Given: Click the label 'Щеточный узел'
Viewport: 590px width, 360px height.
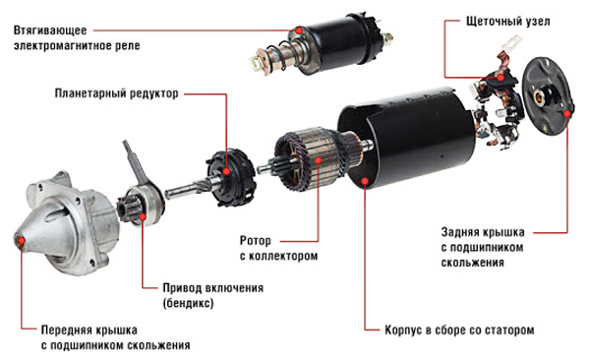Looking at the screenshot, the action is point(507,21).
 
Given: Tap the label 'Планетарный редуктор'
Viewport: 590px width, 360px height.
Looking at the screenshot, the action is point(117,93).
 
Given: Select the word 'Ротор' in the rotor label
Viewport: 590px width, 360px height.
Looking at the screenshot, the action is point(256,241).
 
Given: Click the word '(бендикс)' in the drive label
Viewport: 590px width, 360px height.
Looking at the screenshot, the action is point(188,303).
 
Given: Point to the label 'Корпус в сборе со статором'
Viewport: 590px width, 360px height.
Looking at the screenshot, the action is point(459,330).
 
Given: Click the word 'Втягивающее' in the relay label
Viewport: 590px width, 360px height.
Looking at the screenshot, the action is point(50,30).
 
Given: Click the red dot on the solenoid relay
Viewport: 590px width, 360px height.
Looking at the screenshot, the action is point(299,30).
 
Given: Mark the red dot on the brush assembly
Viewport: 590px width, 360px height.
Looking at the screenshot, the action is point(501,78).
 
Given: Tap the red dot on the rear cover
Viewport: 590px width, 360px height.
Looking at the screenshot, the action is point(567,112).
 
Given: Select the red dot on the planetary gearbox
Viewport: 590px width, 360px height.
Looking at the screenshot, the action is point(226,171).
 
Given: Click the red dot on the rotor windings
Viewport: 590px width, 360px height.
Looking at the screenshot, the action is point(319,160).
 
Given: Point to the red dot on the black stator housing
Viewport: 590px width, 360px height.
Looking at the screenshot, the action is point(365,182).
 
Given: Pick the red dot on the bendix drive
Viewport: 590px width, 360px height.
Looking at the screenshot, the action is point(143,216).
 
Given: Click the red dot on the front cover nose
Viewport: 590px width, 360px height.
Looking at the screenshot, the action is point(22,240).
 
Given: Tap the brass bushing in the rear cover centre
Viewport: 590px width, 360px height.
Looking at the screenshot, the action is point(541,95).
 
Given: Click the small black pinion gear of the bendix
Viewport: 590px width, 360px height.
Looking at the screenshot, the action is point(124,210).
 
